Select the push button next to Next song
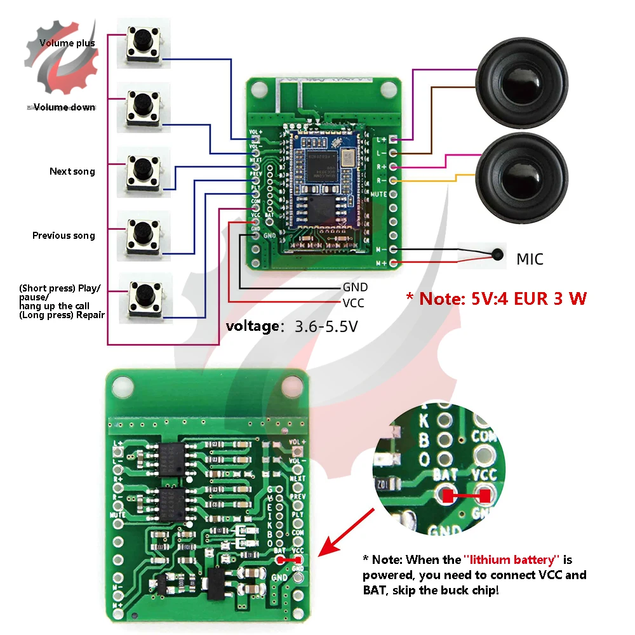coord(145,171)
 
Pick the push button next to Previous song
coord(145,235)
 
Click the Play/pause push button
coord(147,298)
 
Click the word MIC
coord(530,259)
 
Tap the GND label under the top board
coord(355,288)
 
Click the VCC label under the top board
coord(353,303)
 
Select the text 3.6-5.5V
coord(326,327)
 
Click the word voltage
coord(252,327)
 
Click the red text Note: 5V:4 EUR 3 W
coord(496,298)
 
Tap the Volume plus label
coord(67,43)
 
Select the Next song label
coord(72,171)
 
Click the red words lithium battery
coord(512,559)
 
